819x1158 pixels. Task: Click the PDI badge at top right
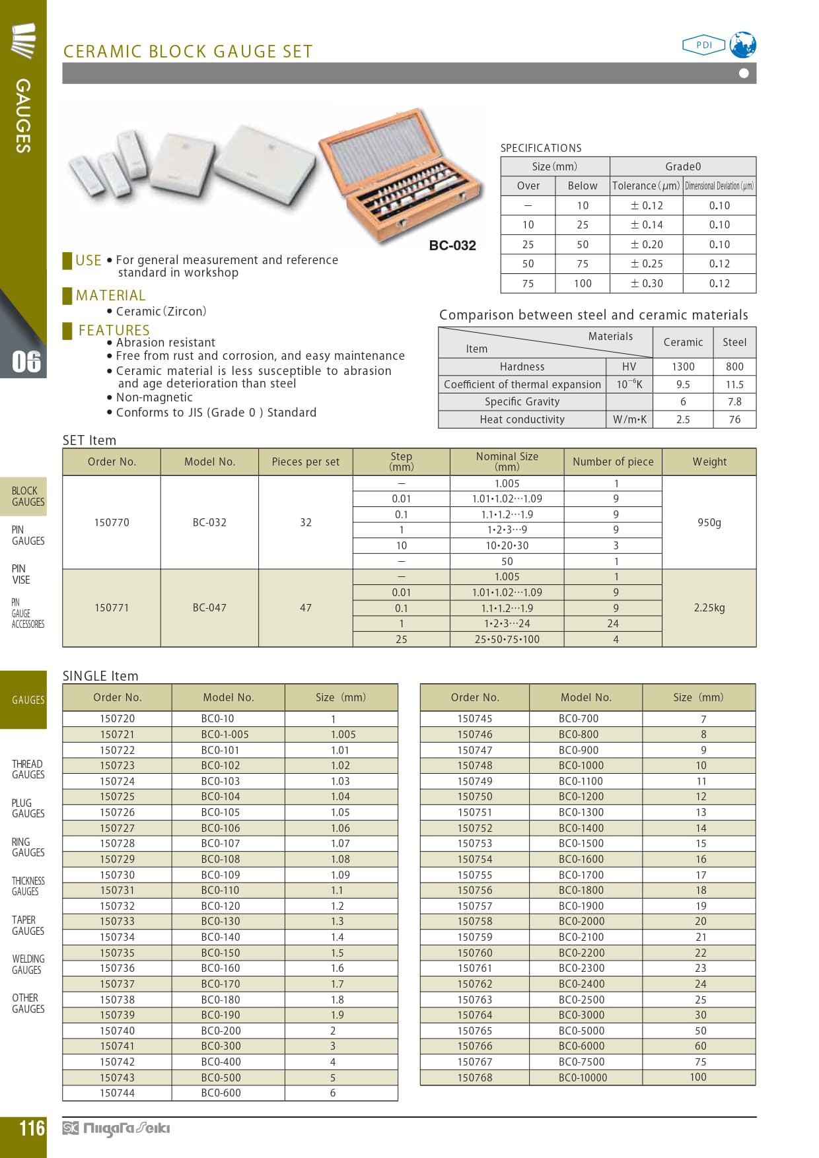[703, 45]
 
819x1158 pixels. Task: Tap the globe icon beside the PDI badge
[743, 45]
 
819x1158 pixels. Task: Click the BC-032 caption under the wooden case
[452, 246]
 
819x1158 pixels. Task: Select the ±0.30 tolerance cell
[647, 283]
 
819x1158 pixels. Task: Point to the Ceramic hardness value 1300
[683, 366]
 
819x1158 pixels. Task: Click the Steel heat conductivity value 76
[734, 419]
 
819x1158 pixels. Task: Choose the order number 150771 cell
[112, 607]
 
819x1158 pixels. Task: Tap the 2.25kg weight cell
[709, 607]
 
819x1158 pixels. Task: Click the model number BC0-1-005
[225, 734]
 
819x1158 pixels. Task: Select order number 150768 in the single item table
[475, 1077]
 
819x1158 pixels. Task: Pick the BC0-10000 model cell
[583, 1077]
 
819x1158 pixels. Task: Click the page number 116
[32, 1128]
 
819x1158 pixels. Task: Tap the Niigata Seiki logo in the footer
[116, 1128]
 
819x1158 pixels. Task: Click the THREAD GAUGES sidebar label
[28, 769]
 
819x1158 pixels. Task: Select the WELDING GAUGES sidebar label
[28, 964]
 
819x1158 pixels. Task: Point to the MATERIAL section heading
[110, 295]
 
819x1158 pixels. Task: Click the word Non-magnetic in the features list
[155, 397]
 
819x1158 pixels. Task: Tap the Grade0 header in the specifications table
[683, 166]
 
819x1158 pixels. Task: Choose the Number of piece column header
[613, 462]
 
